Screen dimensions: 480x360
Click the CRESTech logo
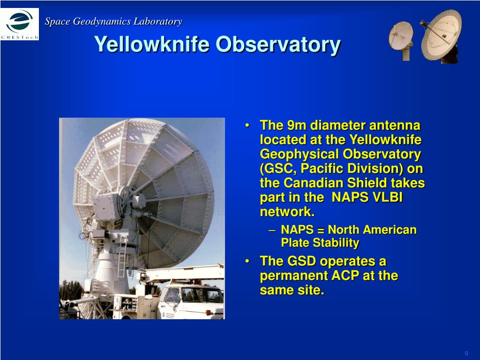(20, 24)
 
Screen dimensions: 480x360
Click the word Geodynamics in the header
(102, 22)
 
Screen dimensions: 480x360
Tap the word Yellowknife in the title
(152, 44)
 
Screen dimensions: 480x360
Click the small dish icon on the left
(401, 40)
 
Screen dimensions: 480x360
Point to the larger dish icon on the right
(441, 36)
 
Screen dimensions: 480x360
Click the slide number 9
(466, 353)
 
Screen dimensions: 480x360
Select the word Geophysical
(294, 154)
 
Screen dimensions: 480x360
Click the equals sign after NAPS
(321, 230)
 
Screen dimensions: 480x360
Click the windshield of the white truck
(173, 295)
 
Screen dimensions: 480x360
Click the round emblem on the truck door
(164, 315)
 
